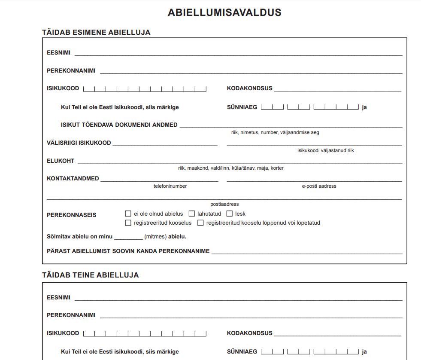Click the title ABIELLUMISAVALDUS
point(224,12)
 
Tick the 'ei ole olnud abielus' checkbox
point(128,214)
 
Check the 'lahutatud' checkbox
point(192,214)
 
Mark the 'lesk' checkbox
point(230,214)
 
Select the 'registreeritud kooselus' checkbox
point(128,223)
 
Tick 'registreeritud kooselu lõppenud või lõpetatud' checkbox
point(200,223)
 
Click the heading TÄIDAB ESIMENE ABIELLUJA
point(96,32)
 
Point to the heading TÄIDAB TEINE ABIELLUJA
point(91,275)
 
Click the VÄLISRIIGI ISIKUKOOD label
point(79,143)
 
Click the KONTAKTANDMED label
point(73,178)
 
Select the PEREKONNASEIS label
point(72,215)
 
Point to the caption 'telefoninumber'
point(170,186)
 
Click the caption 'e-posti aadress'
point(319,186)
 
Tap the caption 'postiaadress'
point(224,204)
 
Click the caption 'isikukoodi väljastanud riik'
point(326,150)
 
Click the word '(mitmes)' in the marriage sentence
point(155,236)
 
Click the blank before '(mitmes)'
point(128,237)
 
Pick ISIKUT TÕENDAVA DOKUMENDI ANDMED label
point(119,125)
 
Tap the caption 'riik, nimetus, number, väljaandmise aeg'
point(275,132)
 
